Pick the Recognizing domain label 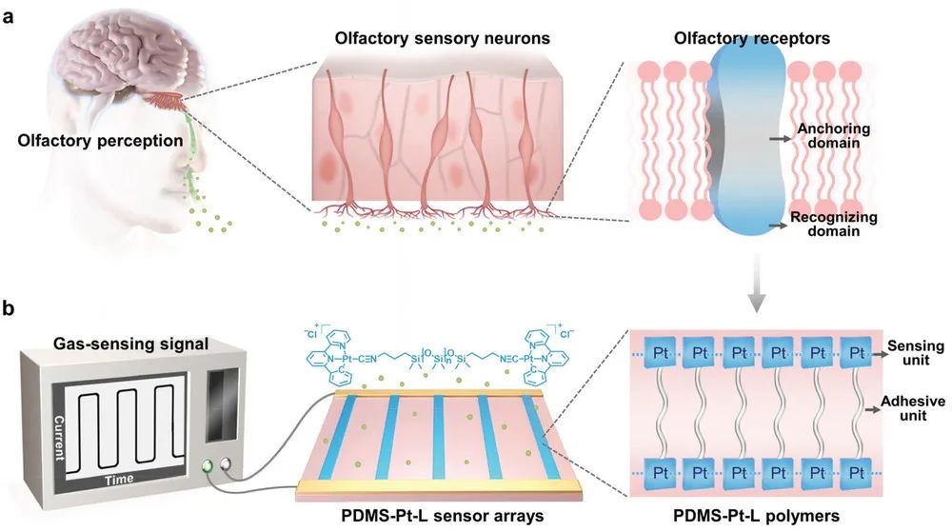[834, 225]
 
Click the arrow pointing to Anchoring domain [778, 137]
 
